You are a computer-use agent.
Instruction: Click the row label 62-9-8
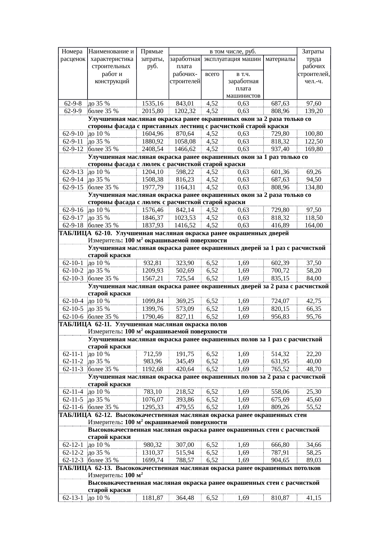[73, 104]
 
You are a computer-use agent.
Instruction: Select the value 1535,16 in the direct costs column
[153, 104]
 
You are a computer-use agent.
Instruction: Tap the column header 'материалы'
[280, 59]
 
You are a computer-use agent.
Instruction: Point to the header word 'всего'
[212, 74]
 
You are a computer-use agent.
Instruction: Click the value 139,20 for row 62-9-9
[314, 111]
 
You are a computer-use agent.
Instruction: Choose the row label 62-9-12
[73, 149]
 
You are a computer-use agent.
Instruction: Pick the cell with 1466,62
[185, 149]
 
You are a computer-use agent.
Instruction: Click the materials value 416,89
[280, 225]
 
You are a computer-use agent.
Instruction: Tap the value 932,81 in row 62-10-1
[153, 263]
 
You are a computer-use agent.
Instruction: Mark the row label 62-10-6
[73, 317]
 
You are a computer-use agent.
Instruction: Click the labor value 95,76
[314, 317]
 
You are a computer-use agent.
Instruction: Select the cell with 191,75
[185, 354]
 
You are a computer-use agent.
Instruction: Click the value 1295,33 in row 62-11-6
[153, 407]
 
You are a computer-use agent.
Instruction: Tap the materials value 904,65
[280, 460]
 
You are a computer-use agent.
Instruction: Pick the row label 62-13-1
[73, 498]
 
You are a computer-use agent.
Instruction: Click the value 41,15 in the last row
[314, 498]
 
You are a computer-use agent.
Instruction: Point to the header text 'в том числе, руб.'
[233, 51]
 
